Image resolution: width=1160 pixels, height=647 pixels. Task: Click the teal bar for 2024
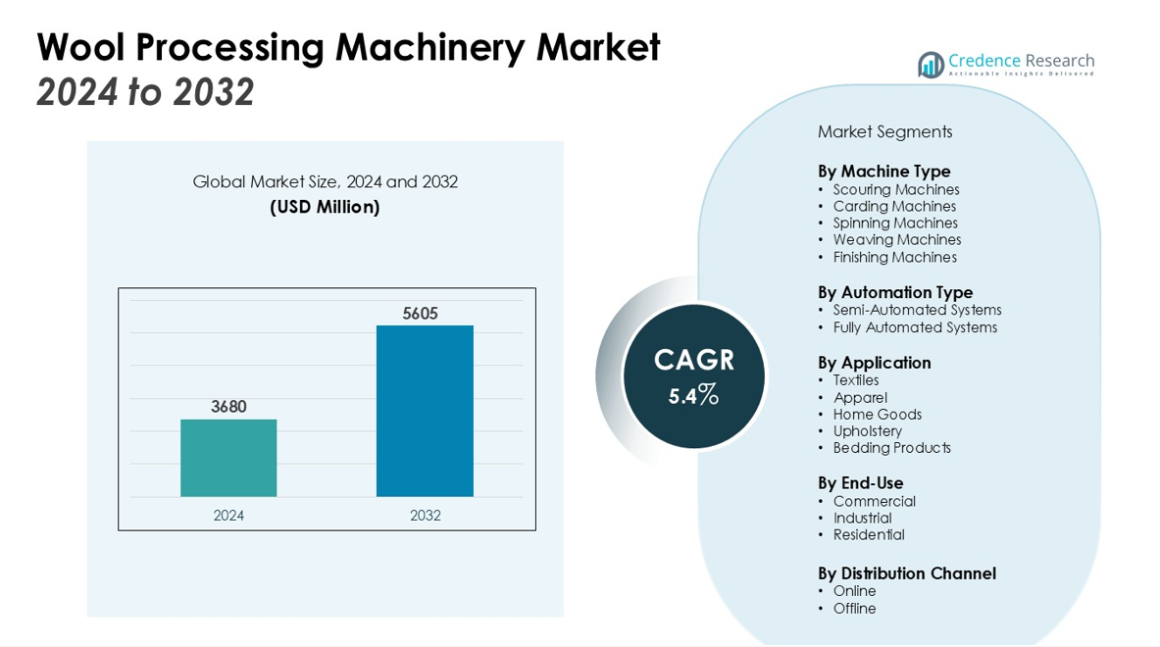click(228, 458)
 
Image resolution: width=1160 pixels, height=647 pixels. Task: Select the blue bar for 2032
click(425, 411)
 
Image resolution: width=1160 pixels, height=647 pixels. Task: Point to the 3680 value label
click(228, 407)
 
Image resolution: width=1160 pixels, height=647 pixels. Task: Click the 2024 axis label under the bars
click(228, 516)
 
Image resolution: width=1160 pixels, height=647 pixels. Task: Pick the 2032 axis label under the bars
click(425, 516)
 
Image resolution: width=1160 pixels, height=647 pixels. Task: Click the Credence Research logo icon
click(931, 65)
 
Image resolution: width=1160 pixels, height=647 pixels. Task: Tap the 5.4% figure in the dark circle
click(694, 395)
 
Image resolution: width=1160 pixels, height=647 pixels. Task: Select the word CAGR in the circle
click(694, 360)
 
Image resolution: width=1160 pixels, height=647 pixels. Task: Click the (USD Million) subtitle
click(325, 208)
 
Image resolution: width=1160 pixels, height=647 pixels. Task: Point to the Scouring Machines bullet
click(895, 190)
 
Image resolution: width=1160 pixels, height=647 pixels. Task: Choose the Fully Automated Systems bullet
click(915, 327)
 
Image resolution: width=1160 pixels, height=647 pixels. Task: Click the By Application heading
click(875, 363)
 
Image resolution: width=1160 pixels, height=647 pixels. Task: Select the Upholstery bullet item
click(867, 431)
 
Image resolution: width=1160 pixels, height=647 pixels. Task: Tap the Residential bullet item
click(869, 535)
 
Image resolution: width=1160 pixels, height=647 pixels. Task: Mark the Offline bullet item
click(854, 609)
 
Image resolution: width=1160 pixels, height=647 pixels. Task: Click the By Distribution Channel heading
click(907, 573)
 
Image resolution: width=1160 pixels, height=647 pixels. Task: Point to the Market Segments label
click(884, 132)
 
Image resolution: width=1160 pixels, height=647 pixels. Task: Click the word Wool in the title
click(82, 47)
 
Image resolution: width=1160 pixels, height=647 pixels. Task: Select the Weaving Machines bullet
click(896, 240)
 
